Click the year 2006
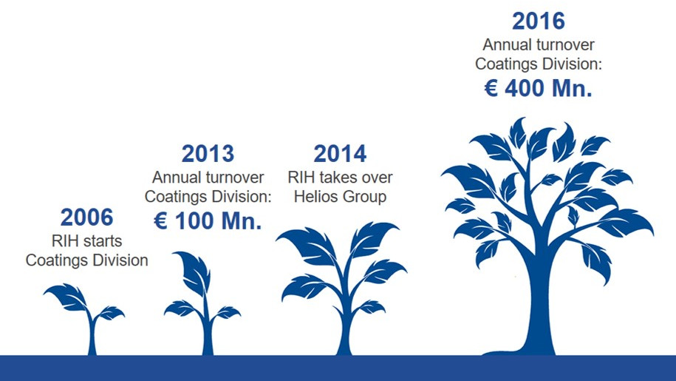click(86, 217)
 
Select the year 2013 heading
click(208, 154)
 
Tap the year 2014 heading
click(340, 154)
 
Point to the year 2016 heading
click(539, 21)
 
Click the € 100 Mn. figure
click(208, 221)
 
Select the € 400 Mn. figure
click(539, 89)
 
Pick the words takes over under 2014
click(355, 178)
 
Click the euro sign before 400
click(491, 89)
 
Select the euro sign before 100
click(161, 221)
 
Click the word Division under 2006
click(120, 260)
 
